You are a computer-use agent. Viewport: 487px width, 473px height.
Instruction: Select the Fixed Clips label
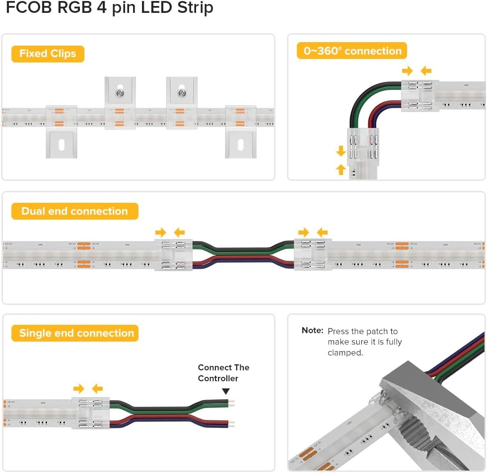point(48,54)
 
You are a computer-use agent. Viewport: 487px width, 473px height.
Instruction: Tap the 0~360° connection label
point(352,51)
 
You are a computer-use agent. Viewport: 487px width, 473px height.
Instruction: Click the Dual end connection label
point(74,211)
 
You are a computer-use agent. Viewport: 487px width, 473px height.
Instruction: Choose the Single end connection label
point(76,333)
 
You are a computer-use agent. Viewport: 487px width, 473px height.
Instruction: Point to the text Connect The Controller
point(223,373)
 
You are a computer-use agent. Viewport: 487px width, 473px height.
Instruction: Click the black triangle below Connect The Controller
point(226,391)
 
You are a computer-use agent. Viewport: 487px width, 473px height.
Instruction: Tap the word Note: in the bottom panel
point(312,331)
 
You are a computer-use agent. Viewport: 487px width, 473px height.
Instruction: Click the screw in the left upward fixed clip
point(120,92)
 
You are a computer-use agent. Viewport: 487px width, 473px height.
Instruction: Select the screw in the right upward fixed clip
point(182,92)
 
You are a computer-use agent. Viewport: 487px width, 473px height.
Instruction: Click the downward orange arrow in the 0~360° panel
point(341,150)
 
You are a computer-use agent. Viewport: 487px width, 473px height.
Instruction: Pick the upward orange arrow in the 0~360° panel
point(341,169)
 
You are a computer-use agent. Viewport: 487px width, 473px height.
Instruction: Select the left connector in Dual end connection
point(176,254)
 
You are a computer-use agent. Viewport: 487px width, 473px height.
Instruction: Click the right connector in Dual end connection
point(313,254)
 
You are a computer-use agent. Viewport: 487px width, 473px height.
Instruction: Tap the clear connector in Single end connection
point(90,413)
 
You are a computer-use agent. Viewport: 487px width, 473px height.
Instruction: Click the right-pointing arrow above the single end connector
point(78,388)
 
